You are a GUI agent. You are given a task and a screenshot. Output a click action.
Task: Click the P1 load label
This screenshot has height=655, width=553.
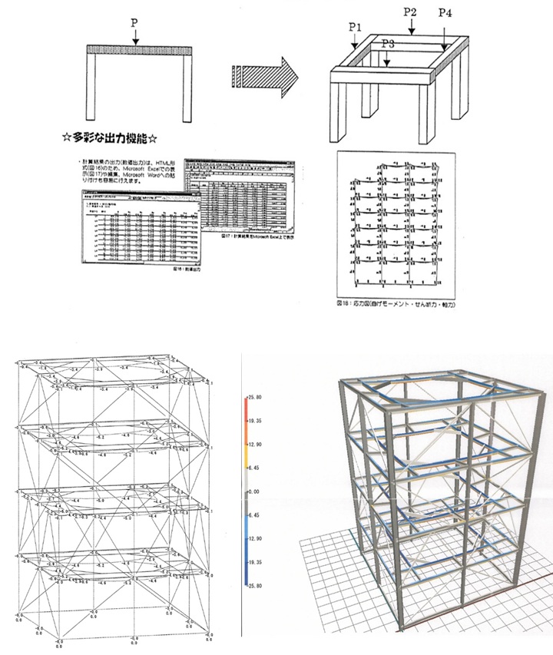[x=354, y=27]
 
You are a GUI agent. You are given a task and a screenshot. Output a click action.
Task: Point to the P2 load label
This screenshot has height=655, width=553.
[x=410, y=12]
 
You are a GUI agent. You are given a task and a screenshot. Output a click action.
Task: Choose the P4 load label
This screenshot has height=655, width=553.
[x=445, y=12]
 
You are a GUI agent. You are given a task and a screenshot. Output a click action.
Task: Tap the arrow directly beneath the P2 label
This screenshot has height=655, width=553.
[x=412, y=27]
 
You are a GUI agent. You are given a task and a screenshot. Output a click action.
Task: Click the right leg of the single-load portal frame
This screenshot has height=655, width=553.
[x=185, y=89]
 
